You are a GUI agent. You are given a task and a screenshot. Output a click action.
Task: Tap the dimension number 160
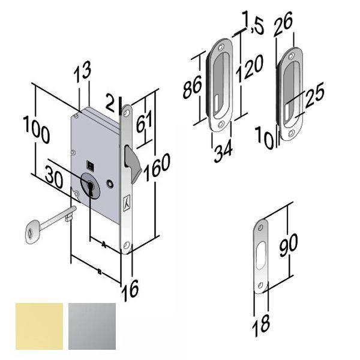pyautogui.click(x=161, y=167)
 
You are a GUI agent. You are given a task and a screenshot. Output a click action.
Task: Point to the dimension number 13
pyautogui.click(x=82, y=74)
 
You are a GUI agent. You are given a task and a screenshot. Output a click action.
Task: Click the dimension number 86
pyautogui.click(x=192, y=89)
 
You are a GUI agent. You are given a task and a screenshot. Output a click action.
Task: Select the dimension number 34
pyautogui.click(x=223, y=149)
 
